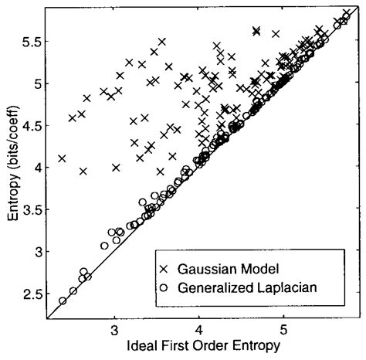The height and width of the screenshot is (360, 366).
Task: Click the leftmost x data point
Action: click(62, 159)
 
